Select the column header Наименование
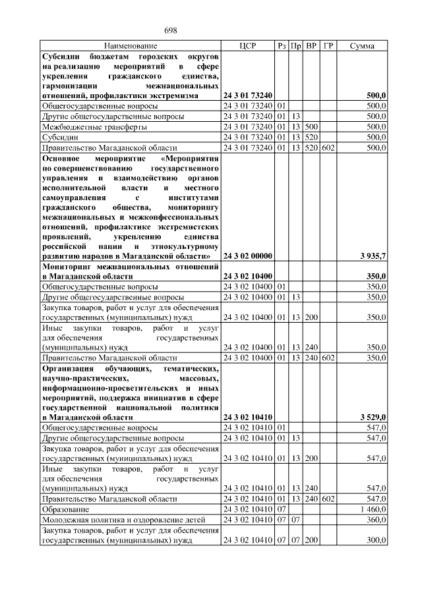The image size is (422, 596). point(131,46)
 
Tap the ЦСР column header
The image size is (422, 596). point(247,46)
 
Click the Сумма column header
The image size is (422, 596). point(362,46)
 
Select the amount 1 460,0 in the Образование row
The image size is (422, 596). point(371,510)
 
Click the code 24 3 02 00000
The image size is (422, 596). point(249,256)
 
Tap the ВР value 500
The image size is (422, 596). point(312,126)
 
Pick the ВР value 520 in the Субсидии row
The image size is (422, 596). point(312,137)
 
